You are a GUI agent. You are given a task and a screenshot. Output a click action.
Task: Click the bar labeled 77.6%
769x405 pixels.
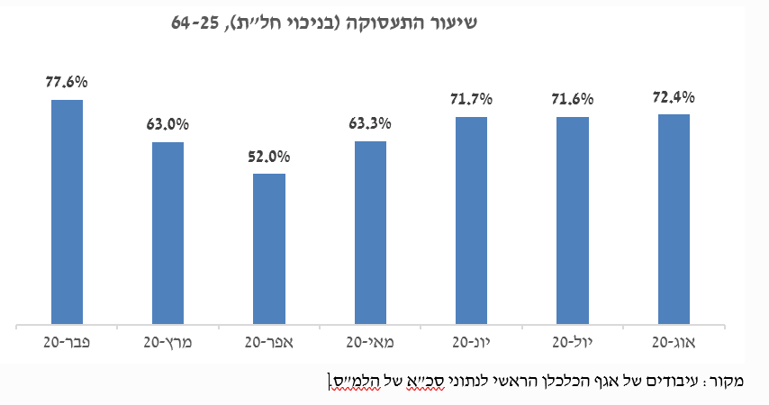click(67, 211)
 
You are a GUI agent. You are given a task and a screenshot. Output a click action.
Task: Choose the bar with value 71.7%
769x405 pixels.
click(471, 220)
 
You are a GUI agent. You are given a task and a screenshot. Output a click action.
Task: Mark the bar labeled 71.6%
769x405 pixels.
click(573, 220)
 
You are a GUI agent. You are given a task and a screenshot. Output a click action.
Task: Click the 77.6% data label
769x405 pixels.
click(67, 82)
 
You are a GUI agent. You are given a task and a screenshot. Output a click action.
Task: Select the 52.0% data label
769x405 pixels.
click(269, 156)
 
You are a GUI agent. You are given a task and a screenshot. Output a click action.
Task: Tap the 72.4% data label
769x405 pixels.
click(674, 96)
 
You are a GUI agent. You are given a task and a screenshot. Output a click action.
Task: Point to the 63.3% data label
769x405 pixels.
click(370, 123)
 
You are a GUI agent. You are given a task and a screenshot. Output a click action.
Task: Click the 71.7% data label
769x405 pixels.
click(471, 99)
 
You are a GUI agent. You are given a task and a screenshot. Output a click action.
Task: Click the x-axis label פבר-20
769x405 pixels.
click(67, 342)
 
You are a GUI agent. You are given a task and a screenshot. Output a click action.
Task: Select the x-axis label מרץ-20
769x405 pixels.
click(167, 342)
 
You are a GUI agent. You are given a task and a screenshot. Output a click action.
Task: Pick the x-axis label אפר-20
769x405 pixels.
click(269, 342)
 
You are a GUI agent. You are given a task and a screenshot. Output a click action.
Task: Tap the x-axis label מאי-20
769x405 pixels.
click(370, 342)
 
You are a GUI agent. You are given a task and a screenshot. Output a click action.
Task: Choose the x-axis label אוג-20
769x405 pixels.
click(674, 342)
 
